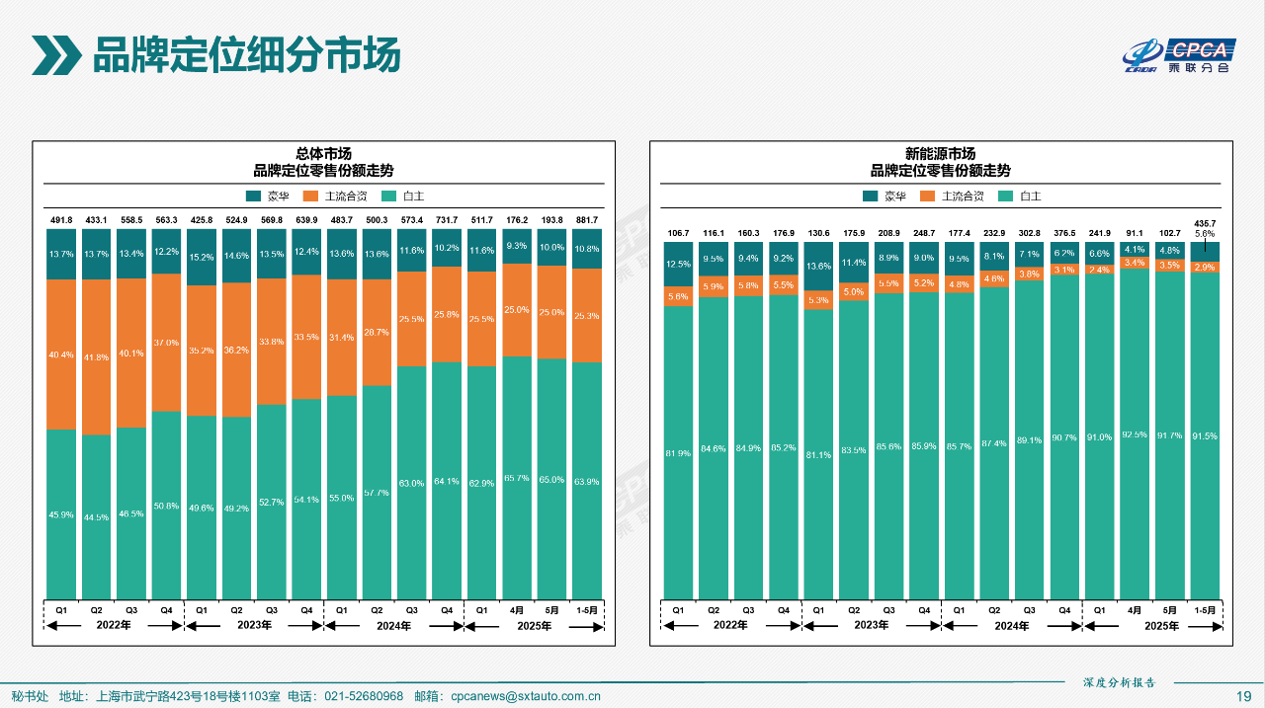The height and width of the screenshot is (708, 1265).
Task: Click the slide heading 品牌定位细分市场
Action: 246,55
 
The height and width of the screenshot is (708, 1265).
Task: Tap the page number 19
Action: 1244,697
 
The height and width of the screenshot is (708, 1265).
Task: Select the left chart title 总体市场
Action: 323,154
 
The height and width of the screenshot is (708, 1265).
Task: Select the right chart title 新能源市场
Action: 940,154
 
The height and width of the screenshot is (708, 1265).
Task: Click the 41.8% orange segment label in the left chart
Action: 96,357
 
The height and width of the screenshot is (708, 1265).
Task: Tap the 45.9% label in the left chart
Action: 61,514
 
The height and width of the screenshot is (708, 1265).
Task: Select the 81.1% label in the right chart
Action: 818,455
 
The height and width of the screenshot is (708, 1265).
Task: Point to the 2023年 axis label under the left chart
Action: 254,626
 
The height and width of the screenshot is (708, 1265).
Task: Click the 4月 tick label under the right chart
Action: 1135,611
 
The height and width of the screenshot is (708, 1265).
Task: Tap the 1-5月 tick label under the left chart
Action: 587,611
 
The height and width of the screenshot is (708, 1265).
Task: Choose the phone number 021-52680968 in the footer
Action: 364,697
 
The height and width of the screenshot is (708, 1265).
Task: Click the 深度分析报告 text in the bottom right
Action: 1119,682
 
